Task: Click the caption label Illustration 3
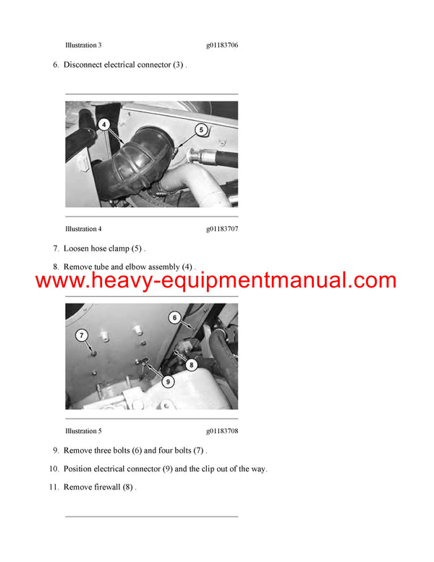83,45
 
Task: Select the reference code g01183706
222,45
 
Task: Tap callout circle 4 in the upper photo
105,125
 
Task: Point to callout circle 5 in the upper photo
202,130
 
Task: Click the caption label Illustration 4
83,229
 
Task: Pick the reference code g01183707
222,229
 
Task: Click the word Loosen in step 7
78,248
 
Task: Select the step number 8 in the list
56,267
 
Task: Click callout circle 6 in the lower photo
174,317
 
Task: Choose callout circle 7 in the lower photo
82,335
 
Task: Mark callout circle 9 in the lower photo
168,380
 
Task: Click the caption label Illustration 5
83,431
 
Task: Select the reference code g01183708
222,431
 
